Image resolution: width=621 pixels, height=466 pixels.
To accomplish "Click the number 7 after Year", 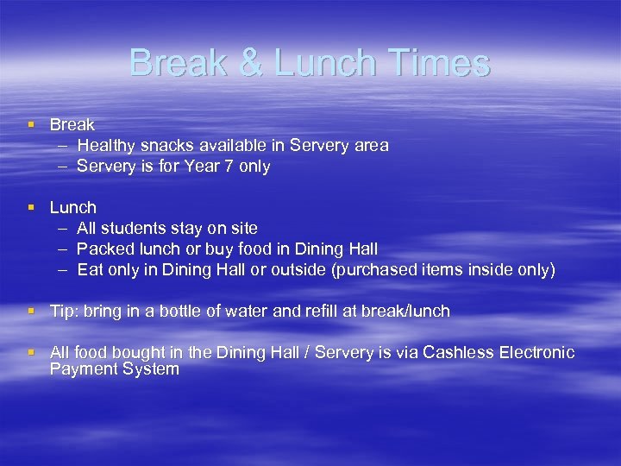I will pyautogui.click(x=229, y=167).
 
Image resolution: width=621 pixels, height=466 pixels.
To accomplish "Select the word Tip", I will pyautogui.click(x=63, y=312).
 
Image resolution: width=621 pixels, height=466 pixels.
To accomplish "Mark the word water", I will pyautogui.click(x=248, y=312).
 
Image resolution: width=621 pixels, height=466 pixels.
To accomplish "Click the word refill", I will pyautogui.click(x=321, y=312).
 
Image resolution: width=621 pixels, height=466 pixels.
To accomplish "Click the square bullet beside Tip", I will pyautogui.click(x=32, y=311).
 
